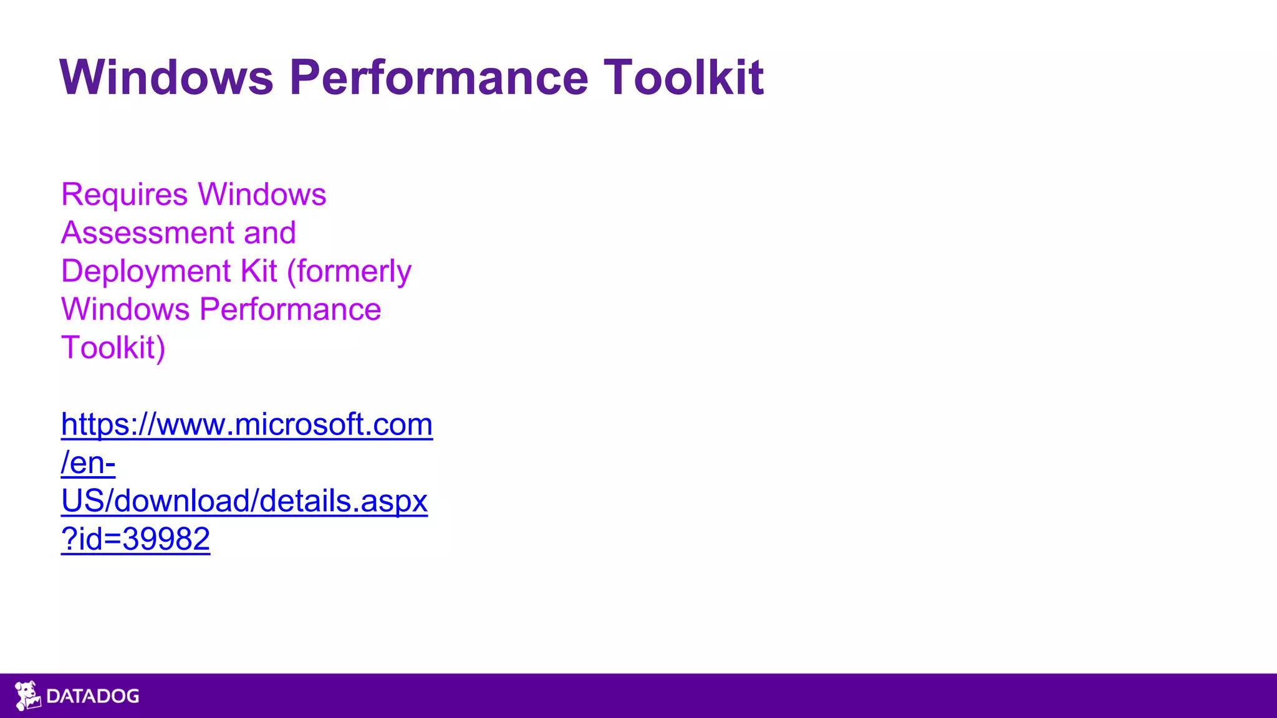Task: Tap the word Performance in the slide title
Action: pos(438,77)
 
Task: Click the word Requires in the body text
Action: pos(124,195)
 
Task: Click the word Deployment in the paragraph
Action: pos(146,272)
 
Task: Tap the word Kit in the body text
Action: pos(259,272)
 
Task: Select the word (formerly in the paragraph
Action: pos(349,272)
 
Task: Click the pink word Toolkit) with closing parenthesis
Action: pos(113,348)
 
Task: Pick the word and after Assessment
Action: pos(270,233)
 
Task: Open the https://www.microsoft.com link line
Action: pos(247,425)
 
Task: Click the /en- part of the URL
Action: pos(88,463)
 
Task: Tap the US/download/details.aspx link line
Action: pos(244,501)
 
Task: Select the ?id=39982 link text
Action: pos(135,539)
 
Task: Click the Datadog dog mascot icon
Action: pos(27,696)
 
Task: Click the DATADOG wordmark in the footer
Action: pos(93,696)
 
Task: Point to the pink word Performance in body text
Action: pos(290,310)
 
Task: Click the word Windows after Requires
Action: pos(262,195)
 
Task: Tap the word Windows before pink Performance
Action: pos(125,310)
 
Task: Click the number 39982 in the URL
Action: pos(166,539)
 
